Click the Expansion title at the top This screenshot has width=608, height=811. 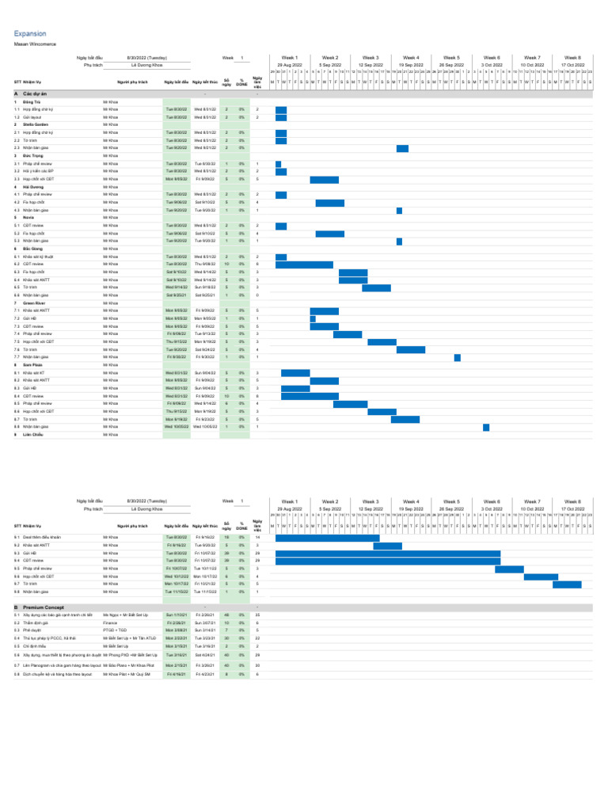point(30,34)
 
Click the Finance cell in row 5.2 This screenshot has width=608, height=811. point(110,623)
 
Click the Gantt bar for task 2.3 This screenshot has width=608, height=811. point(402,148)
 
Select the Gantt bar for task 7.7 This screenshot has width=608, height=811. point(458,357)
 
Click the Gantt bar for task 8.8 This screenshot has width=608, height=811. point(486,428)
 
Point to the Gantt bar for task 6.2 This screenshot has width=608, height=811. point(304,265)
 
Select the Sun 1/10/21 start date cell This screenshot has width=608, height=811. point(176,614)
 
